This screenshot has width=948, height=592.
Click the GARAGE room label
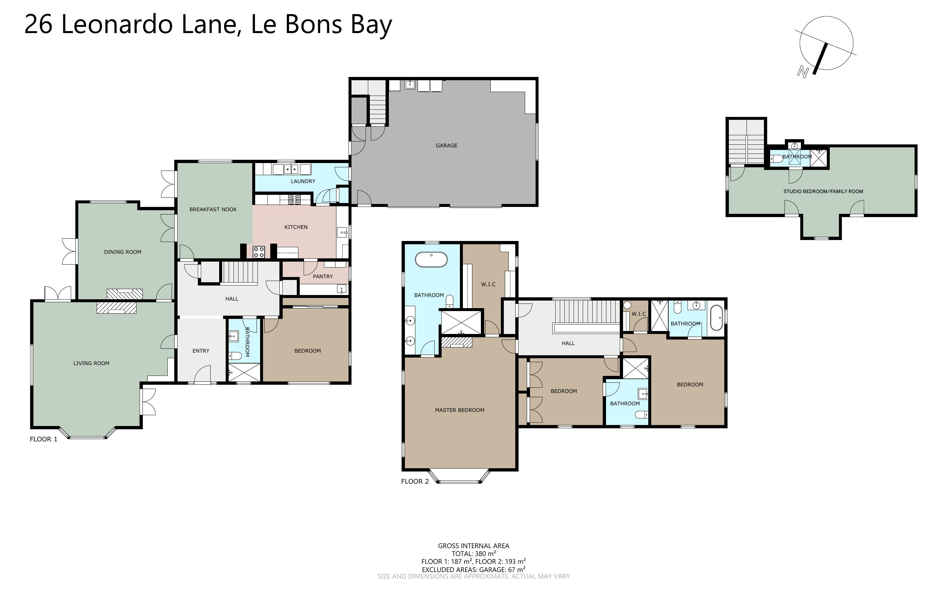[x=446, y=146]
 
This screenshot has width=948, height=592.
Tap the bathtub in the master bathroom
[x=431, y=259]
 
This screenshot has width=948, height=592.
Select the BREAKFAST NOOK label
[x=213, y=210]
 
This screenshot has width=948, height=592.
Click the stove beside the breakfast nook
[x=258, y=252]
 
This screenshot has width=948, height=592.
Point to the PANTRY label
[x=323, y=276]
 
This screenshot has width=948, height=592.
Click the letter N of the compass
[x=803, y=72]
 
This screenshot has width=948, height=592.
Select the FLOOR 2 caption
[x=415, y=482]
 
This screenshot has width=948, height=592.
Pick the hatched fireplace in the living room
[x=117, y=308]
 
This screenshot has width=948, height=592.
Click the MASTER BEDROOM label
[x=459, y=410]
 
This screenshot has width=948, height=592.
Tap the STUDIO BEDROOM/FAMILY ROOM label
[x=823, y=192]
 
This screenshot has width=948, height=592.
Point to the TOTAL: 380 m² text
[x=473, y=554]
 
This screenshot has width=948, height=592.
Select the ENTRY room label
[x=201, y=351]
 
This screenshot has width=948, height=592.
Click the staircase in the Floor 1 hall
[x=240, y=272]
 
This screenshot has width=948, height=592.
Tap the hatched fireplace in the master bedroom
[x=457, y=342]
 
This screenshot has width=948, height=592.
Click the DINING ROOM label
[x=123, y=252]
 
